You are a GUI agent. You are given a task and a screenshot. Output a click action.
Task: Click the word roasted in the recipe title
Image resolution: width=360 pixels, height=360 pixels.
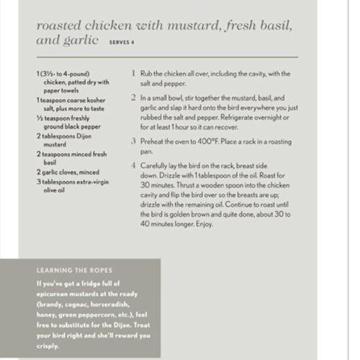(60, 27)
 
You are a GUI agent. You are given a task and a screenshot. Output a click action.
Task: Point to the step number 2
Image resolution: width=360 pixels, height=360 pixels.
(133, 98)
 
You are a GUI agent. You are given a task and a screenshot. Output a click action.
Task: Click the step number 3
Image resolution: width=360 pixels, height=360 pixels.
(133, 142)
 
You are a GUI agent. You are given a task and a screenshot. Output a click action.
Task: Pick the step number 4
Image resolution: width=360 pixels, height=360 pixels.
(133, 166)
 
